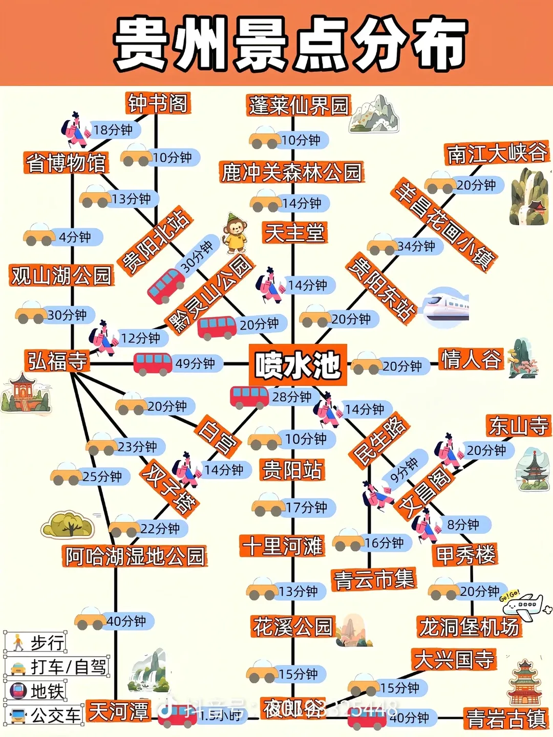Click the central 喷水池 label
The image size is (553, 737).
297,365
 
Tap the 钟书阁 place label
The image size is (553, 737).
158,103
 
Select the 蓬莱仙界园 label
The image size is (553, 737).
299,106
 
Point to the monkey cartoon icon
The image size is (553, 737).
235,233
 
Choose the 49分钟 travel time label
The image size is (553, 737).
195,363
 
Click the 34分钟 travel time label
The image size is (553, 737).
416,246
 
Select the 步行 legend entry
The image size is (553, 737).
36,642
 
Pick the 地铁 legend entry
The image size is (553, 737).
36,691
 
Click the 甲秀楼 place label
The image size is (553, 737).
465,555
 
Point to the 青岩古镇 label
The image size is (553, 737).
506,719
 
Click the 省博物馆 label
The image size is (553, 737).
66,163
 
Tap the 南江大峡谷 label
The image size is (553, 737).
496,154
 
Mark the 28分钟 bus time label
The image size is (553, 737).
291,397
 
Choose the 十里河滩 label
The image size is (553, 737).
283,546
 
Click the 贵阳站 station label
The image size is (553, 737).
292,470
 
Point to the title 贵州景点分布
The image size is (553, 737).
291,44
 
